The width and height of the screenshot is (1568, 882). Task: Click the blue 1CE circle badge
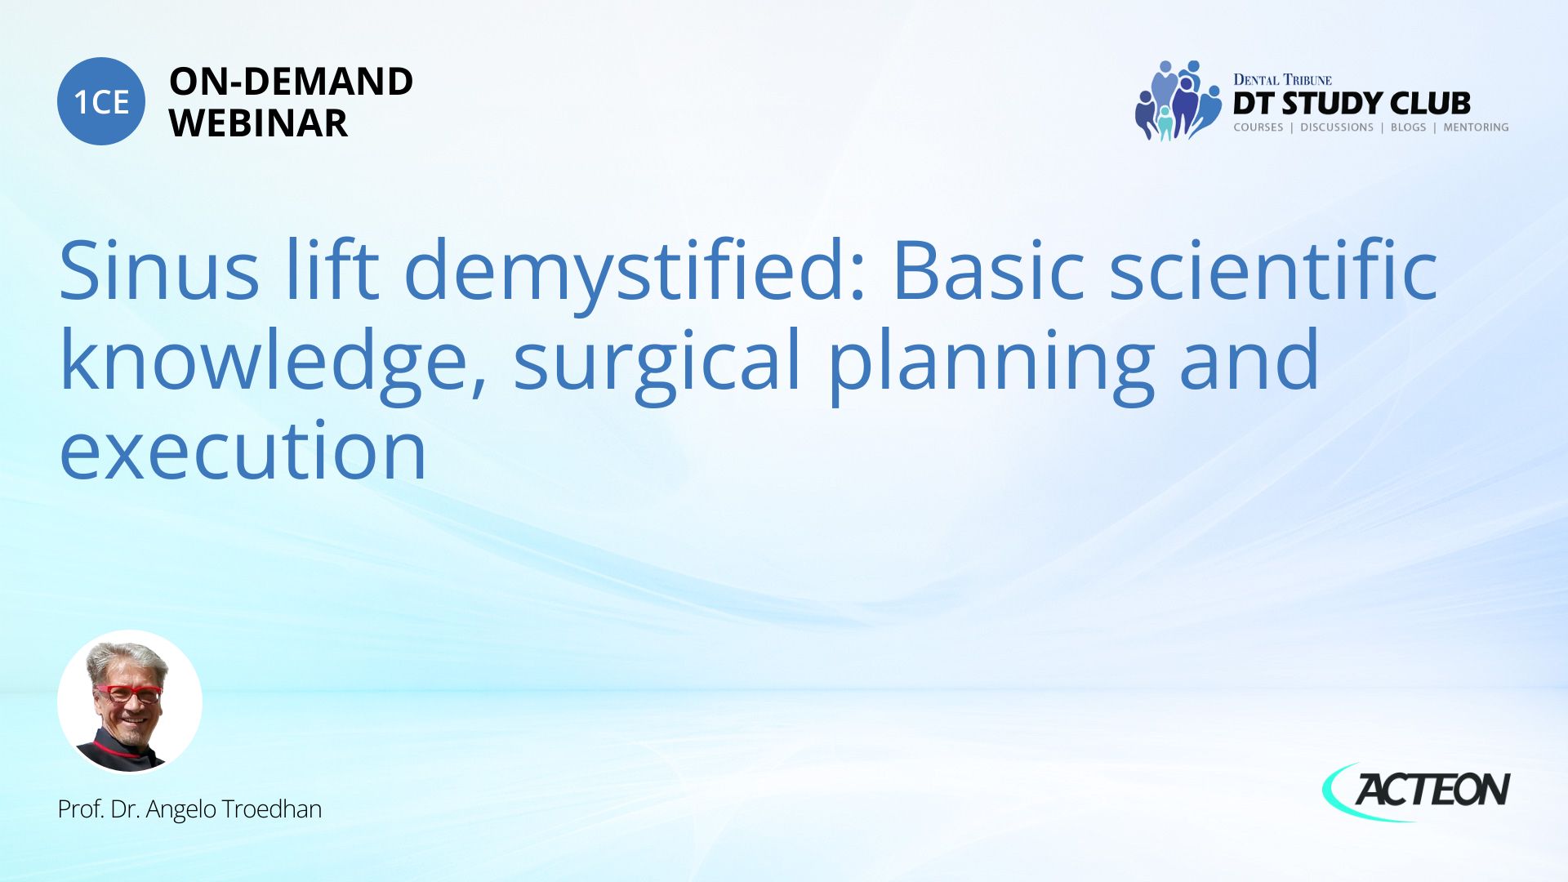pyautogui.click(x=101, y=101)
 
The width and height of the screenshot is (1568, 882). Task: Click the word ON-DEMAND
pyautogui.click(x=292, y=82)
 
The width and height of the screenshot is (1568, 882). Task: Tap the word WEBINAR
pyautogui.click(x=259, y=123)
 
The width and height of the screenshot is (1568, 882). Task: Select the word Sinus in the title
pyautogui.click(x=159, y=269)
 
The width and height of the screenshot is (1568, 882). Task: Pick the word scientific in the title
pyautogui.click(x=1272, y=269)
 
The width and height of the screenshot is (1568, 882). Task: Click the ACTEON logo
pyautogui.click(x=1416, y=791)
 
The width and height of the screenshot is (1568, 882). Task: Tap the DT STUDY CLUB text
pyautogui.click(x=1352, y=104)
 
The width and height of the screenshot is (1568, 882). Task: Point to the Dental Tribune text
pyautogui.click(x=1282, y=80)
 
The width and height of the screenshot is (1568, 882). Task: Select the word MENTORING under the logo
pyautogui.click(x=1476, y=127)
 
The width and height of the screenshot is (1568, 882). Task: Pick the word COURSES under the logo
pyautogui.click(x=1258, y=127)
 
